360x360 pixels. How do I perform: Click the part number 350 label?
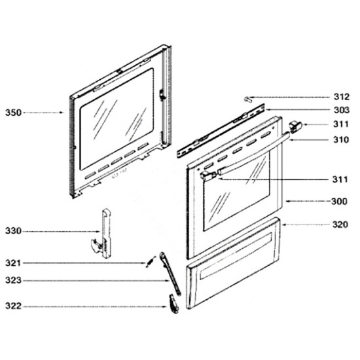click(x=13, y=113)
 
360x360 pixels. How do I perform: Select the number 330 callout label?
click(x=13, y=231)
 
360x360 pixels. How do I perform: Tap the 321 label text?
click(x=13, y=263)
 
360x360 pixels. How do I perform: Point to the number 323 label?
click(x=13, y=280)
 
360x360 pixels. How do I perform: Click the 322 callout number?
click(x=13, y=306)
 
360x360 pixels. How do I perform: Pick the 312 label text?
click(x=342, y=97)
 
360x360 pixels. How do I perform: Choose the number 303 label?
click(x=342, y=110)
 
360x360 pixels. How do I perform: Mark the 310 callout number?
click(x=341, y=139)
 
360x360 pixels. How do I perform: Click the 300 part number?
click(x=339, y=202)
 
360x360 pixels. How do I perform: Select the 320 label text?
click(x=340, y=225)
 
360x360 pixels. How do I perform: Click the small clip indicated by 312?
click(x=247, y=99)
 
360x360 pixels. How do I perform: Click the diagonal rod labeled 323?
click(x=170, y=273)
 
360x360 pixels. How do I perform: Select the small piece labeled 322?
click(x=173, y=304)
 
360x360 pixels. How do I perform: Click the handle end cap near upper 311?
click(x=295, y=127)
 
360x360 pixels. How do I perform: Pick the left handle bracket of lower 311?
click(x=208, y=175)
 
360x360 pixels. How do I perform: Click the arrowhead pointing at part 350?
click(x=62, y=113)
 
